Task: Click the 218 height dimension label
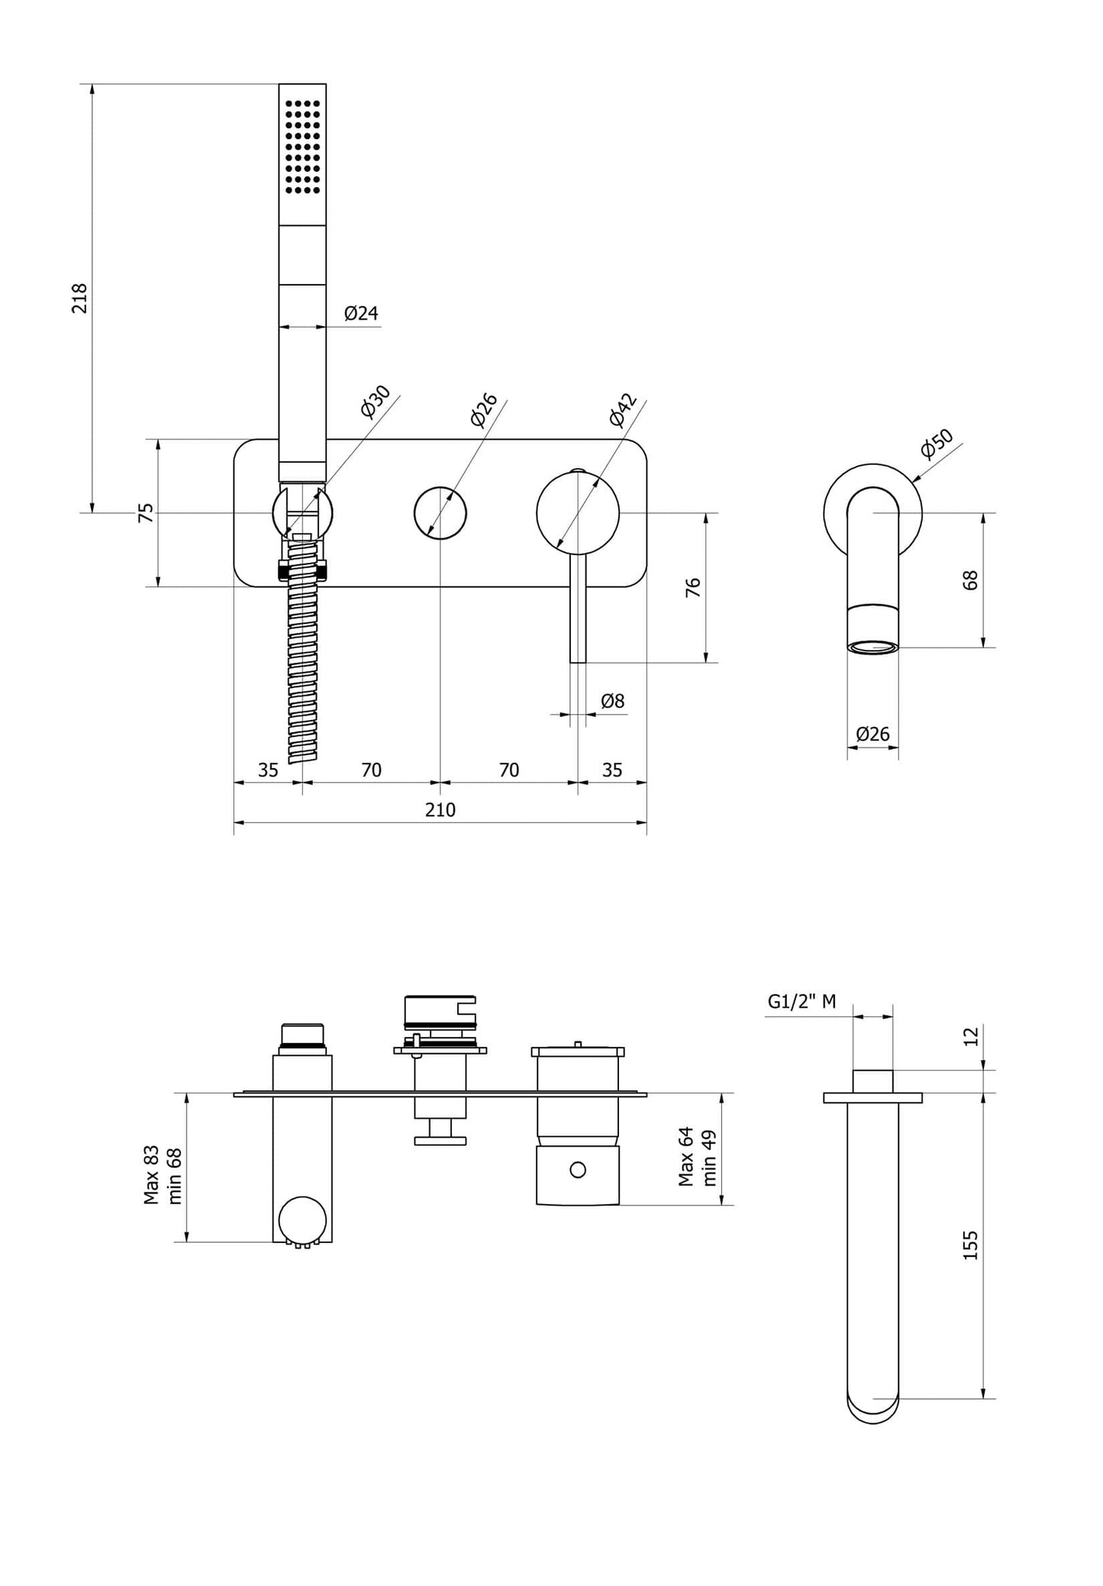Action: pyautogui.click(x=80, y=298)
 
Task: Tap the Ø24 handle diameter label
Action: pyautogui.click(x=360, y=313)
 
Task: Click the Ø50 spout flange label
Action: pyautogui.click(x=936, y=444)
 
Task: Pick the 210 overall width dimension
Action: pyautogui.click(x=440, y=810)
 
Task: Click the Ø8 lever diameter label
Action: pyautogui.click(x=612, y=700)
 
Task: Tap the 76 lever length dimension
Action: pyautogui.click(x=693, y=587)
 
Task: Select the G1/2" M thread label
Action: pyautogui.click(x=801, y=1002)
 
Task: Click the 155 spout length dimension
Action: pyautogui.click(x=970, y=1245)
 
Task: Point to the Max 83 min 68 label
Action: pyautogui.click(x=163, y=1174)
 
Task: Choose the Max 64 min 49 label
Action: pyautogui.click(x=698, y=1156)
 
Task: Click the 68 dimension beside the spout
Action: pyautogui.click(x=970, y=580)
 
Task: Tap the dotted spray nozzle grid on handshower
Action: pyautogui.click(x=302, y=145)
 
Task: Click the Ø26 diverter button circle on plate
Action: pyautogui.click(x=440, y=512)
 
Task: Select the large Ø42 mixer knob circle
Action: pyautogui.click(x=578, y=512)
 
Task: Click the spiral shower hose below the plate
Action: pyautogui.click(x=302, y=672)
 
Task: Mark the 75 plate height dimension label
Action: pyautogui.click(x=146, y=512)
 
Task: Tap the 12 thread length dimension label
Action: pyautogui.click(x=970, y=1037)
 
